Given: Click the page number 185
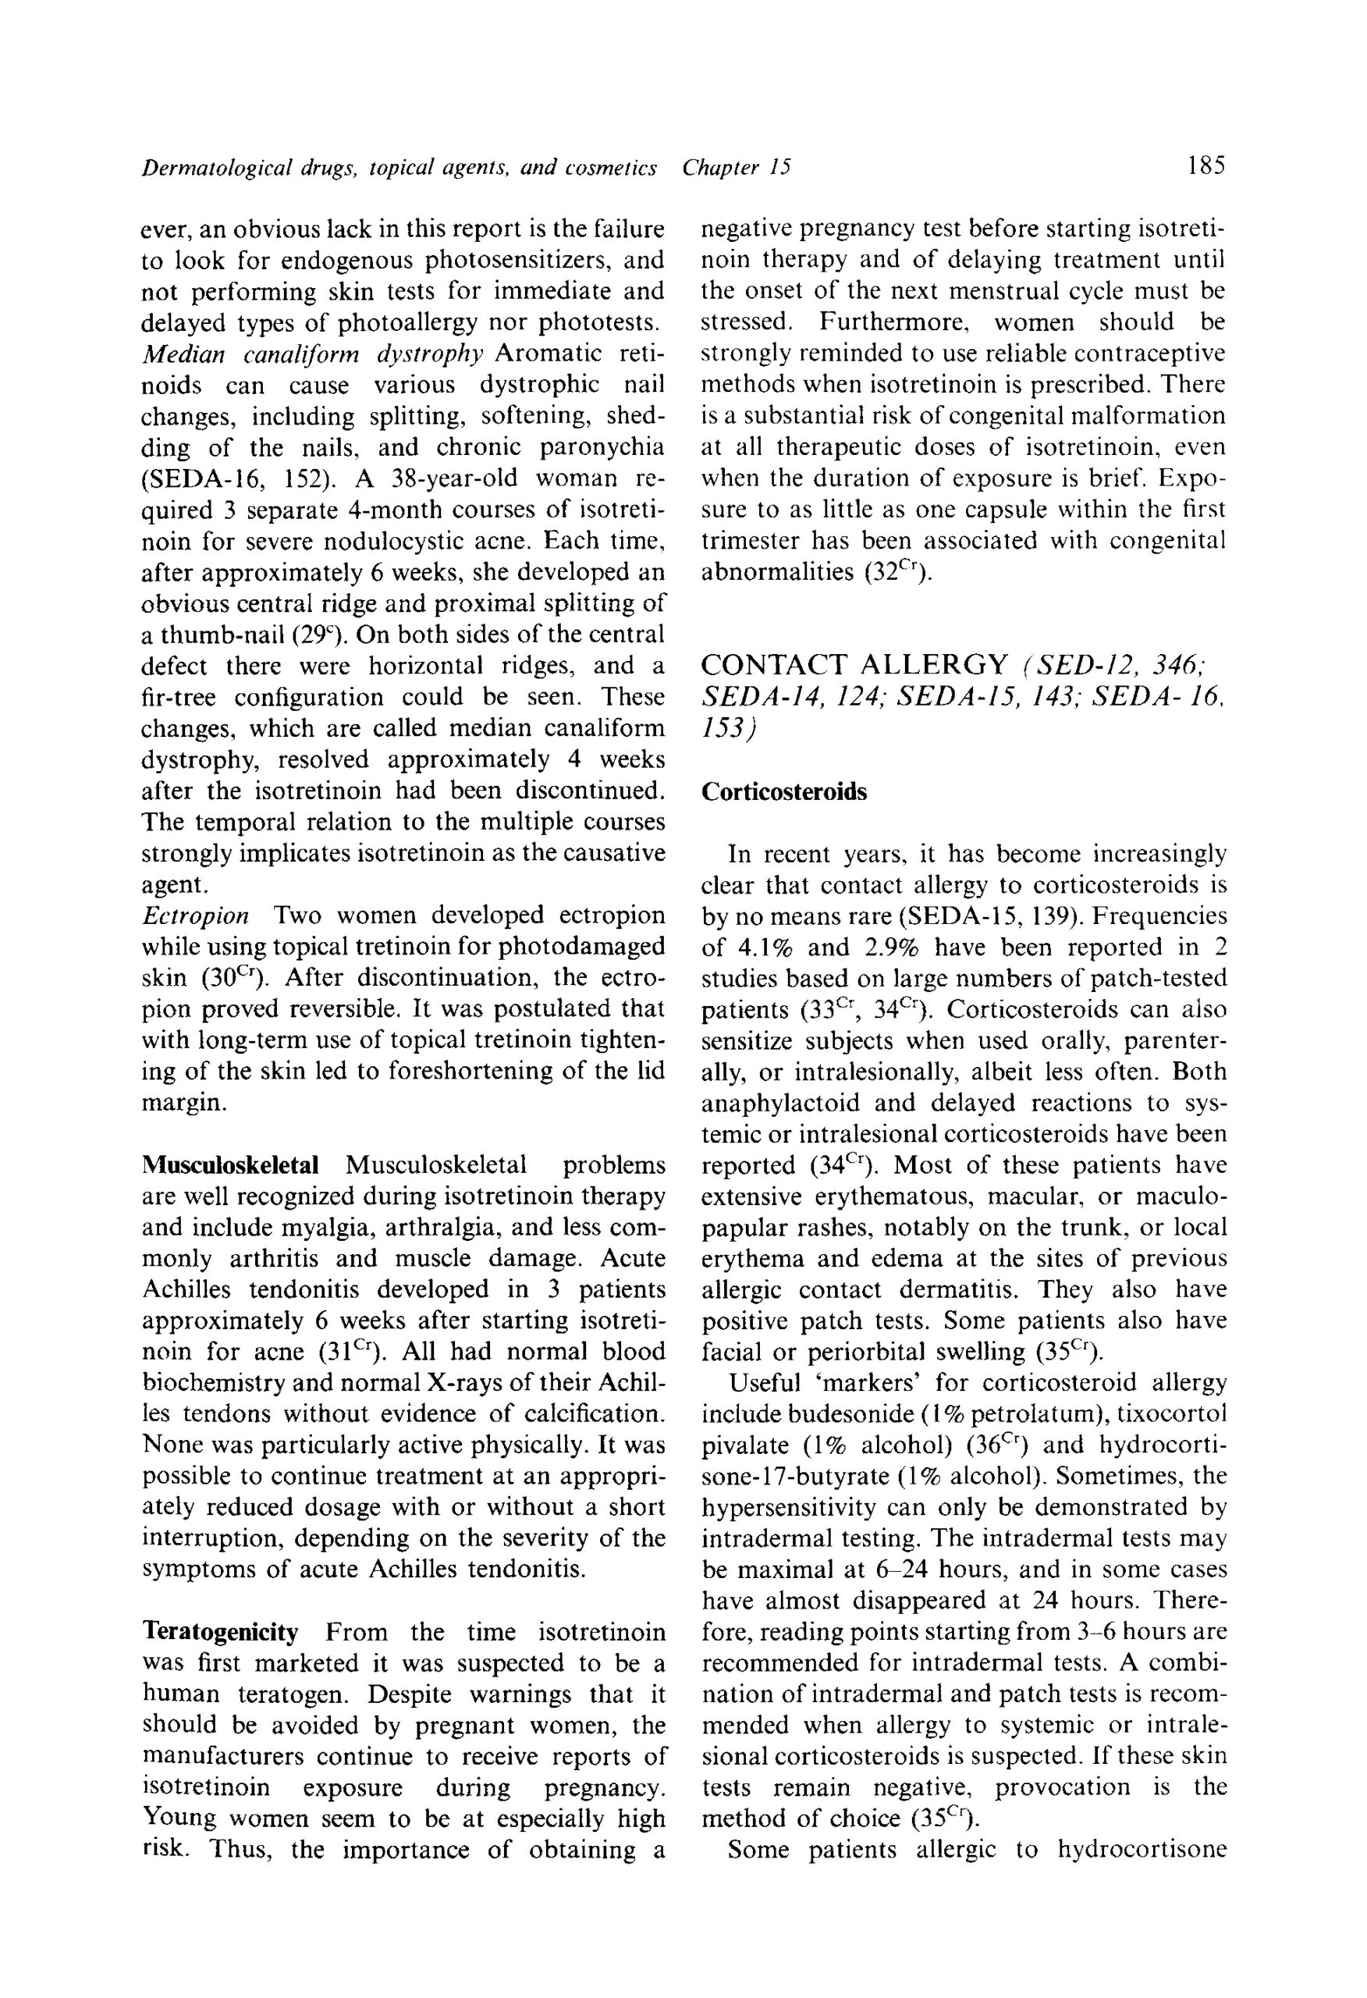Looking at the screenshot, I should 1205,164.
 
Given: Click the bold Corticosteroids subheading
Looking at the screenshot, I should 784,792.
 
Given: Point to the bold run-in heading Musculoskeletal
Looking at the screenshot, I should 229,1165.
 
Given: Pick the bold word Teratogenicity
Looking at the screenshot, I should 220,1632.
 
